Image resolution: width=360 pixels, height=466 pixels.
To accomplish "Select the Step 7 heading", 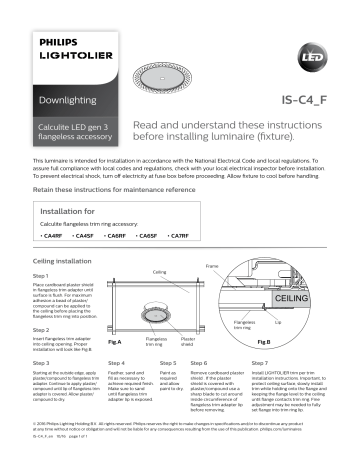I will tap(259, 362).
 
